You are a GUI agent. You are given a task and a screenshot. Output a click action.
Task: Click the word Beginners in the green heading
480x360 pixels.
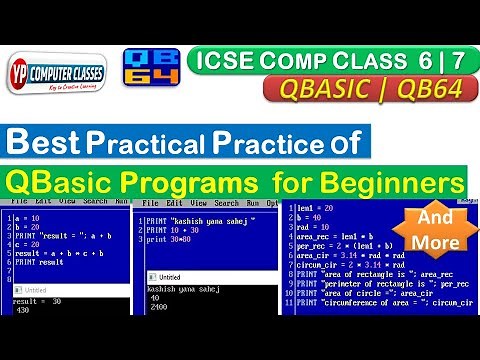pos(391,182)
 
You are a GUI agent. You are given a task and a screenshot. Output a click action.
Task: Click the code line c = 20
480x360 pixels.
pos(30,243)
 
